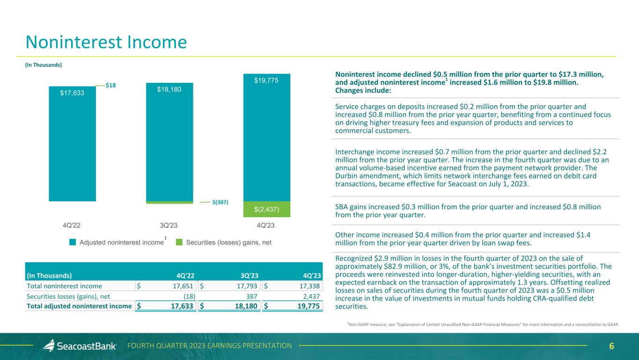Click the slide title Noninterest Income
click(106, 43)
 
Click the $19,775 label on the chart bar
click(266, 81)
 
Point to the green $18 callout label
click(110, 85)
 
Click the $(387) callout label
click(220, 202)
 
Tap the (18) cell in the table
click(189, 296)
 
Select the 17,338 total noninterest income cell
click(308, 286)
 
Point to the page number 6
click(611, 346)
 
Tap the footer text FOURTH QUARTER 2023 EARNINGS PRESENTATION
click(210, 346)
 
